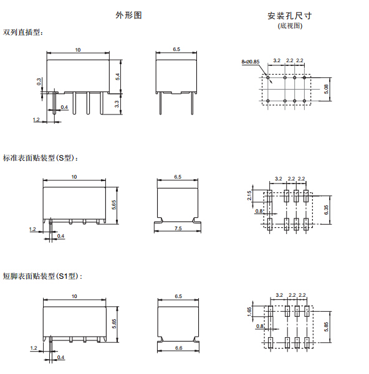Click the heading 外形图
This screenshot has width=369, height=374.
coord(128,16)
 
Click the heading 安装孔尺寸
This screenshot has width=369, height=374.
coord(289,16)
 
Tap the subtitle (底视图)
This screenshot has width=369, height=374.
coord(290,26)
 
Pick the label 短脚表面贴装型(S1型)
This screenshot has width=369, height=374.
coord(42,276)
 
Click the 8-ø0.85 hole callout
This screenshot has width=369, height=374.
coord(251,62)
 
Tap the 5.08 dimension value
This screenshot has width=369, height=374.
coord(326,89)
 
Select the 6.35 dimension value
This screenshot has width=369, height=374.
coord(326,210)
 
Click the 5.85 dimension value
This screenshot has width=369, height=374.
coord(326,327)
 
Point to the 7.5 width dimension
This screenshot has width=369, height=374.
coord(178,228)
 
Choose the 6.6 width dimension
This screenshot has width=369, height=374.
coord(178,348)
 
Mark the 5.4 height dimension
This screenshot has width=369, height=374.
coord(118,77)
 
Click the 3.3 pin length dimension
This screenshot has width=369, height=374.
coord(117,104)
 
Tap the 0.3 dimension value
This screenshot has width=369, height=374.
coord(39,82)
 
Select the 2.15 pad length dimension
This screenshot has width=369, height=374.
coord(249,195)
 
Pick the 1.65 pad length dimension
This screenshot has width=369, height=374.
coord(249,312)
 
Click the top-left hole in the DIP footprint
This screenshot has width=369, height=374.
coord(268,78)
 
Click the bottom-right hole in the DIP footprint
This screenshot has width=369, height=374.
coord(304,101)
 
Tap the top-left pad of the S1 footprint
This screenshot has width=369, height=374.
coord(271,311)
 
